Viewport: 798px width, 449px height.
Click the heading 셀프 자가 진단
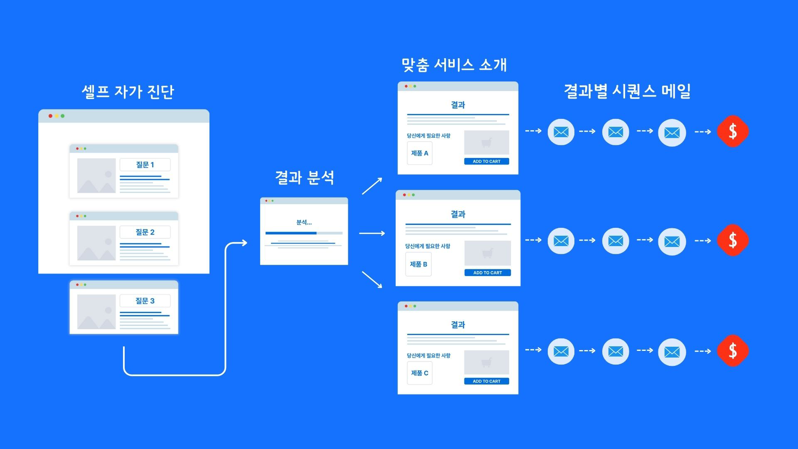(128, 92)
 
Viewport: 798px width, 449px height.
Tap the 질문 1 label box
(145, 165)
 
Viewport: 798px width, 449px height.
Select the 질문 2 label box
(145, 232)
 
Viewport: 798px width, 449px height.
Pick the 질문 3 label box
(145, 301)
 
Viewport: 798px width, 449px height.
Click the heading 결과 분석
(305, 178)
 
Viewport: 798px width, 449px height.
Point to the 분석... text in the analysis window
(304, 222)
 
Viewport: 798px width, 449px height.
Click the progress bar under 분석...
(304, 233)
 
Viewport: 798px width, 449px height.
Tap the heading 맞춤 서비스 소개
(454, 65)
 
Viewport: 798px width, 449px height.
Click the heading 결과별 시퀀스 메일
(627, 91)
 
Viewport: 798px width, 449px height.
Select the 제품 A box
(419, 153)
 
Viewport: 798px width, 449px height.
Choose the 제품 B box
(419, 264)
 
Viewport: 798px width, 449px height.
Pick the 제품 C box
(419, 373)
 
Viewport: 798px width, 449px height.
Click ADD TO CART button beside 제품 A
(486, 161)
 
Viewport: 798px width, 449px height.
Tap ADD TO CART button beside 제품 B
(488, 273)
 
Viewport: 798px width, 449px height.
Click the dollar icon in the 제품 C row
(733, 351)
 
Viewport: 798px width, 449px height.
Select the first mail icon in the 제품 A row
(561, 132)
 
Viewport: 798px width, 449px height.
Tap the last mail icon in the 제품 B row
(672, 241)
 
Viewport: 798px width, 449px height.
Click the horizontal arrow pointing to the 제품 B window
(372, 233)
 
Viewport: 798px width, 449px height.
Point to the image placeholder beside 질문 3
(96, 312)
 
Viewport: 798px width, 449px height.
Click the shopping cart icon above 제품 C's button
(486, 363)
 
